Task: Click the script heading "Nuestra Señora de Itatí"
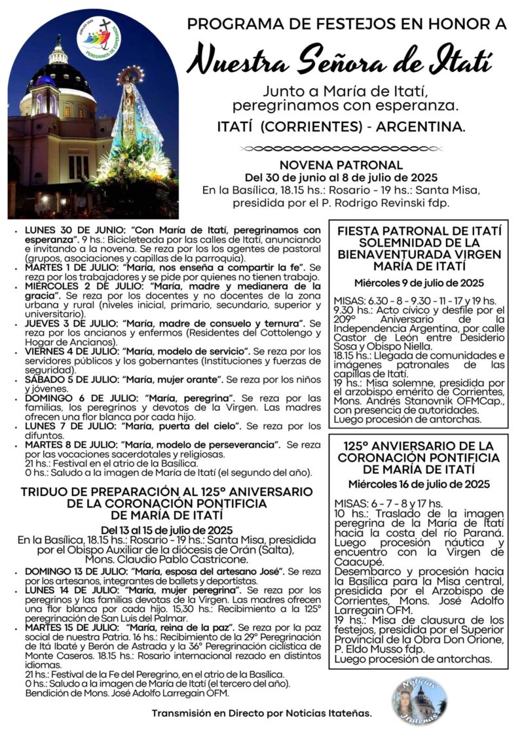click(339, 62)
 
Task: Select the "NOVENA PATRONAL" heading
click(341, 165)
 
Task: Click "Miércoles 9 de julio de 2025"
click(419, 283)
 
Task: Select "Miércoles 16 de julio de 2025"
click(419, 484)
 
